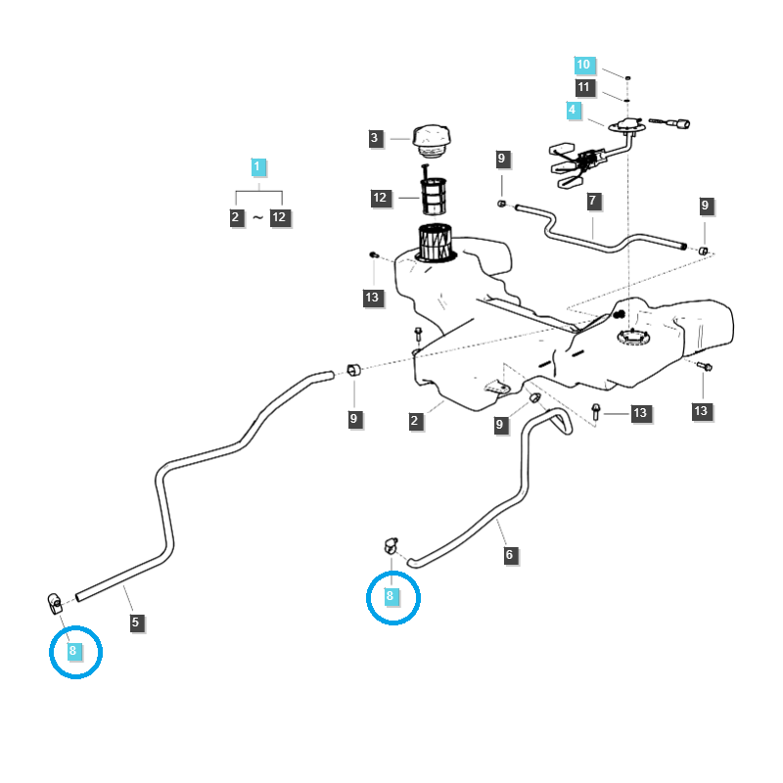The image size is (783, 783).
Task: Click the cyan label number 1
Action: click(257, 167)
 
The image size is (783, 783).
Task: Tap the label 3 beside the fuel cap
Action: click(375, 139)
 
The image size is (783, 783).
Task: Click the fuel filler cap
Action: click(432, 138)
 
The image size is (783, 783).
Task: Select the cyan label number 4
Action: click(573, 111)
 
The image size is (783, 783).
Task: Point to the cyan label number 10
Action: click(583, 66)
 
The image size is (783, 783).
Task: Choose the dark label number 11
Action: click(584, 88)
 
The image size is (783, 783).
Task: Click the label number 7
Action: click(593, 201)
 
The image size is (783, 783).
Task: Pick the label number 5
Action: click(135, 622)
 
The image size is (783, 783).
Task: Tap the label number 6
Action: click(509, 555)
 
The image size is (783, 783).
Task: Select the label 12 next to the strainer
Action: click(381, 199)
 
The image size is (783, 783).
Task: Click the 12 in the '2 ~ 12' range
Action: click(280, 217)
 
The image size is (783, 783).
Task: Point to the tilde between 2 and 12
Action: click(257, 218)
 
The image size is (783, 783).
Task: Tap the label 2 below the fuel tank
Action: click(415, 421)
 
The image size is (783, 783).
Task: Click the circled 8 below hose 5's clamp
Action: click(73, 649)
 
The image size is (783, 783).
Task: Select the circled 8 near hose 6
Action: click(391, 596)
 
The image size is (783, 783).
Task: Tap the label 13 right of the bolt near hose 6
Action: click(640, 414)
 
